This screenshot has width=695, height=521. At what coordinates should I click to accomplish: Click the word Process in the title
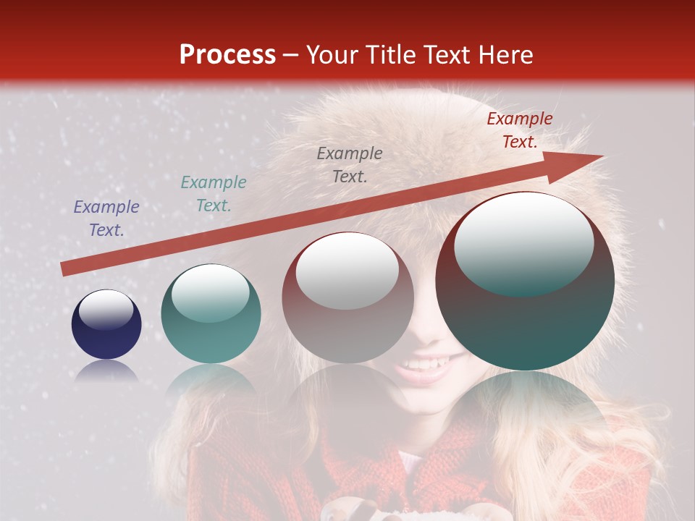[x=227, y=54]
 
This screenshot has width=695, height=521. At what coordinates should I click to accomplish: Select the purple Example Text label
[x=106, y=219]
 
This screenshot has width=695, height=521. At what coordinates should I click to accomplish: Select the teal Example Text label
[x=214, y=194]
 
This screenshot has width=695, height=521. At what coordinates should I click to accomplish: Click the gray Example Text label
[x=350, y=164]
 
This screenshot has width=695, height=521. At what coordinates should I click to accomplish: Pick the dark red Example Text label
[x=520, y=130]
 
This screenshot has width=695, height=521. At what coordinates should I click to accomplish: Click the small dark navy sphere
[x=106, y=333]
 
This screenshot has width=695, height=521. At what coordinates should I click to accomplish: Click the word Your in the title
[x=333, y=54]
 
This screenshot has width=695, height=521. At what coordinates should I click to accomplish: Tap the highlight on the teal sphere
[x=210, y=293]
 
